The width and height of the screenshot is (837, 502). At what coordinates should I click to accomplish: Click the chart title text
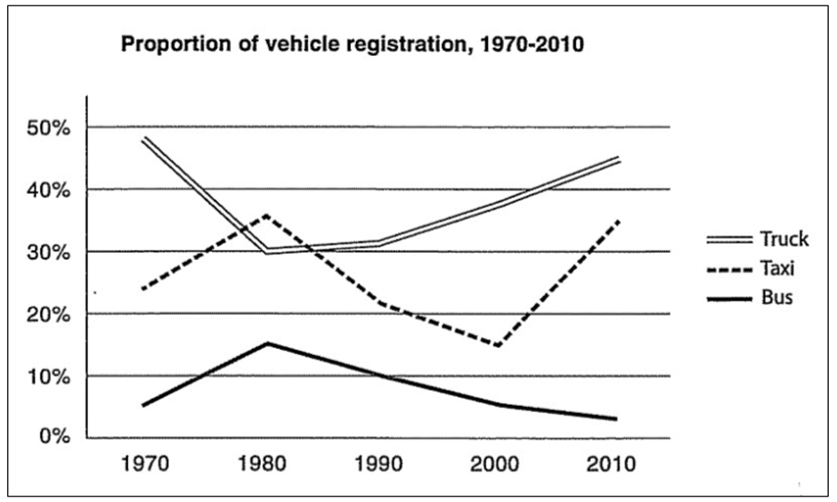click(353, 45)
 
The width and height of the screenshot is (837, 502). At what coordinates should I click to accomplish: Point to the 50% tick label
click(47, 128)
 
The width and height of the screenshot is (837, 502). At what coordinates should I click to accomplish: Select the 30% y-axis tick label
click(47, 252)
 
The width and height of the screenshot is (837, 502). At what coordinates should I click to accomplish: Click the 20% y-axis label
click(47, 315)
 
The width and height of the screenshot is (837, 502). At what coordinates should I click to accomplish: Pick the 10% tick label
click(47, 377)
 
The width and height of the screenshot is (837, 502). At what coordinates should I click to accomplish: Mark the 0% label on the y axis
click(55, 436)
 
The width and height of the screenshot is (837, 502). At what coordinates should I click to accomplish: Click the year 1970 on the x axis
click(144, 464)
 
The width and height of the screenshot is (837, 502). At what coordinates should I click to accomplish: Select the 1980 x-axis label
click(262, 464)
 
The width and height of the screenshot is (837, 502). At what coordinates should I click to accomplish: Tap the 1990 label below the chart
click(378, 464)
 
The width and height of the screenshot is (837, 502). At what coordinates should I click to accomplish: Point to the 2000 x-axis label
click(494, 464)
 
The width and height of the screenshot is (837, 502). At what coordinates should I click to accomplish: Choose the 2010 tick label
click(611, 464)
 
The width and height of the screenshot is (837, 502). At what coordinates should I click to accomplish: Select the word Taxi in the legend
click(777, 268)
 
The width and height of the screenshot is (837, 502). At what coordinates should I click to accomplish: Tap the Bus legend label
click(776, 297)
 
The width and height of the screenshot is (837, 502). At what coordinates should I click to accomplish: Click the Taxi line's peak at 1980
click(266, 215)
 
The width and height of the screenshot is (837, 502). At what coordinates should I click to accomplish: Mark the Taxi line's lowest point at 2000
click(499, 346)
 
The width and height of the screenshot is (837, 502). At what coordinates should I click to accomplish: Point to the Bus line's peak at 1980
click(267, 343)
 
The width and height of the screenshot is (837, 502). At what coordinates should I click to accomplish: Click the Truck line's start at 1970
click(144, 139)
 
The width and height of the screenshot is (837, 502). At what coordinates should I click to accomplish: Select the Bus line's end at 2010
click(616, 418)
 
